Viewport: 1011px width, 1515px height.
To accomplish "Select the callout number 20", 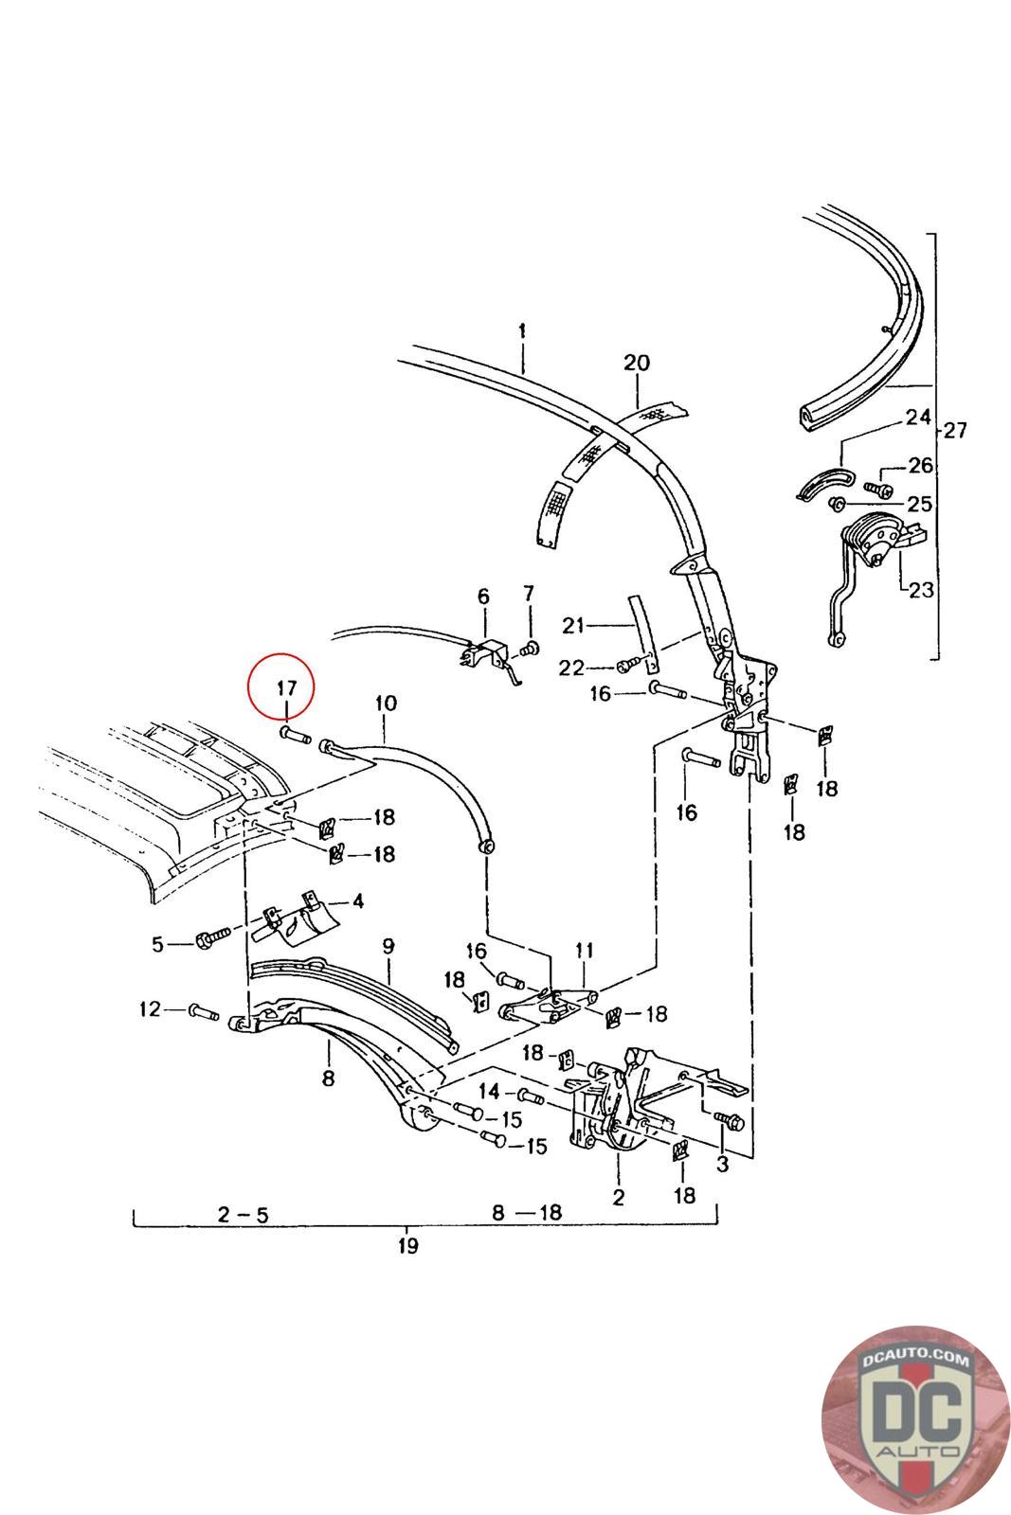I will [x=637, y=363].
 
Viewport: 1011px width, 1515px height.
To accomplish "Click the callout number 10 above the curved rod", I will [x=386, y=704].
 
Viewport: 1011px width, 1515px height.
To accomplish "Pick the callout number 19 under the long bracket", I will [x=407, y=1245].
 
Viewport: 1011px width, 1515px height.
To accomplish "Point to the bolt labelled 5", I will [x=210, y=940].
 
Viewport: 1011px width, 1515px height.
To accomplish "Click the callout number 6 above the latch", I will [x=483, y=597].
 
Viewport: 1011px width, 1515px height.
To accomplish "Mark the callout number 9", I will [x=388, y=945].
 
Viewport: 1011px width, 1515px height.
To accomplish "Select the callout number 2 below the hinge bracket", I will [x=618, y=1197].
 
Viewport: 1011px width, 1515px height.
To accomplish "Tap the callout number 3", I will [x=722, y=1164].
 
